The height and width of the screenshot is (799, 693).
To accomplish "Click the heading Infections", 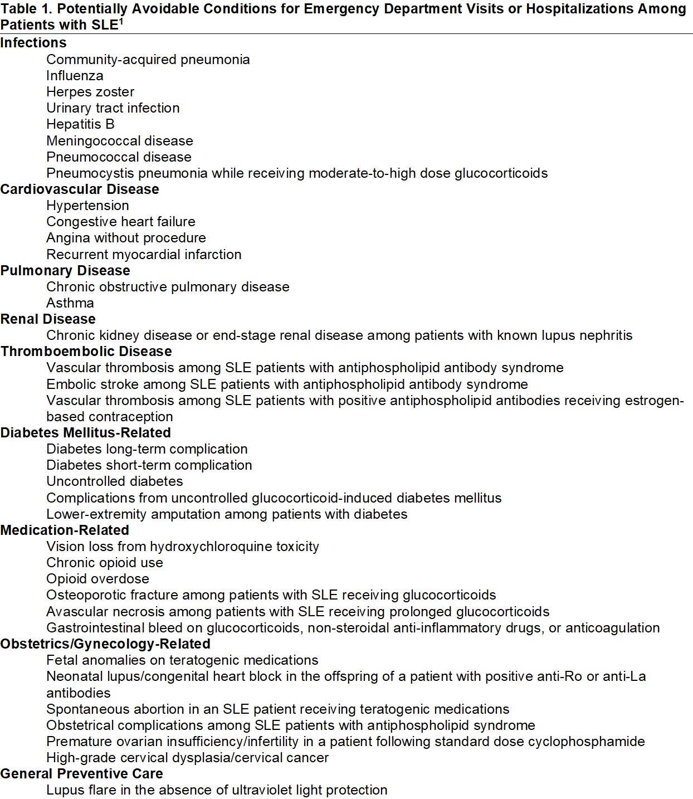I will [33, 43].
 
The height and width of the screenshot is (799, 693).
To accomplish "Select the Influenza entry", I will [75, 76].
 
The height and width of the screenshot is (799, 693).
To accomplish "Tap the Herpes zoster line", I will [90, 92].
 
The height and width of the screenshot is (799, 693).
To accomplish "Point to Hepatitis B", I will [80, 124].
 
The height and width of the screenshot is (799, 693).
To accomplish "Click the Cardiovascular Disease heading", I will [80, 189].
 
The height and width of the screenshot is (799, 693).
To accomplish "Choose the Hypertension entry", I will [87, 206].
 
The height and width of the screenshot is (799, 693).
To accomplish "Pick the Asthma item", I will [70, 303].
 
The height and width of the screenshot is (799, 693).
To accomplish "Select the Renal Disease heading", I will [48, 319].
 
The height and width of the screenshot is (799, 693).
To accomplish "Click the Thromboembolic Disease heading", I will [86, 352].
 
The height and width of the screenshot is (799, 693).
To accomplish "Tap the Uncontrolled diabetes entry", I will [115, 481].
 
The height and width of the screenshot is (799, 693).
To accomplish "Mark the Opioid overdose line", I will [97, 579].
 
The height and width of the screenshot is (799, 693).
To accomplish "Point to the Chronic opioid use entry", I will [105, 563].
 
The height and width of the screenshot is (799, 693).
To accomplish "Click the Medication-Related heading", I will [65, 530].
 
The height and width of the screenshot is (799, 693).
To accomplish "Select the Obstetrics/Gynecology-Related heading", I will [105, 644].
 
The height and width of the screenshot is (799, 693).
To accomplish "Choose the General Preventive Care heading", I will [82, 774].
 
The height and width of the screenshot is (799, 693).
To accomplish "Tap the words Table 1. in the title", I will [27, 9].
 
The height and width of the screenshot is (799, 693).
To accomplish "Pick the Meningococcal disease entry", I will [120, 141].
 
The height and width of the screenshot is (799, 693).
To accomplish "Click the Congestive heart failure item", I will [121, 222].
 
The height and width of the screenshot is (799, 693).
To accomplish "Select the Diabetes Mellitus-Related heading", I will [86, 433].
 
